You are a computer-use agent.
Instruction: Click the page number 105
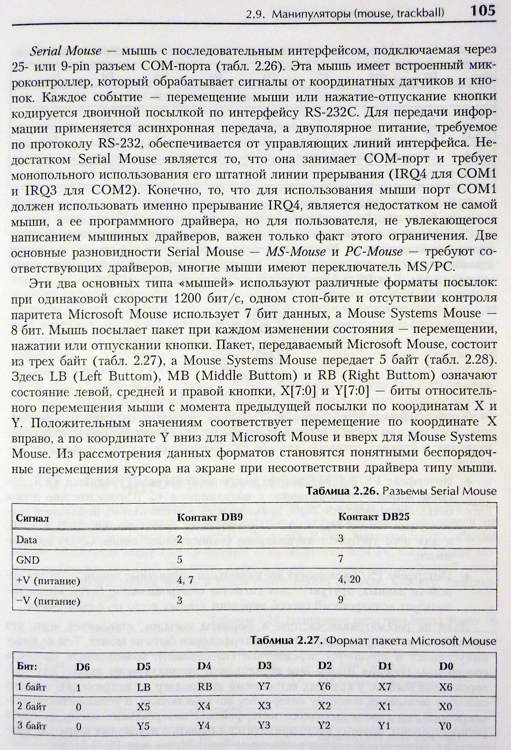[x=482, y=12]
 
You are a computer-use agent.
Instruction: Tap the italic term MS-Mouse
[x=296, y=252]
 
